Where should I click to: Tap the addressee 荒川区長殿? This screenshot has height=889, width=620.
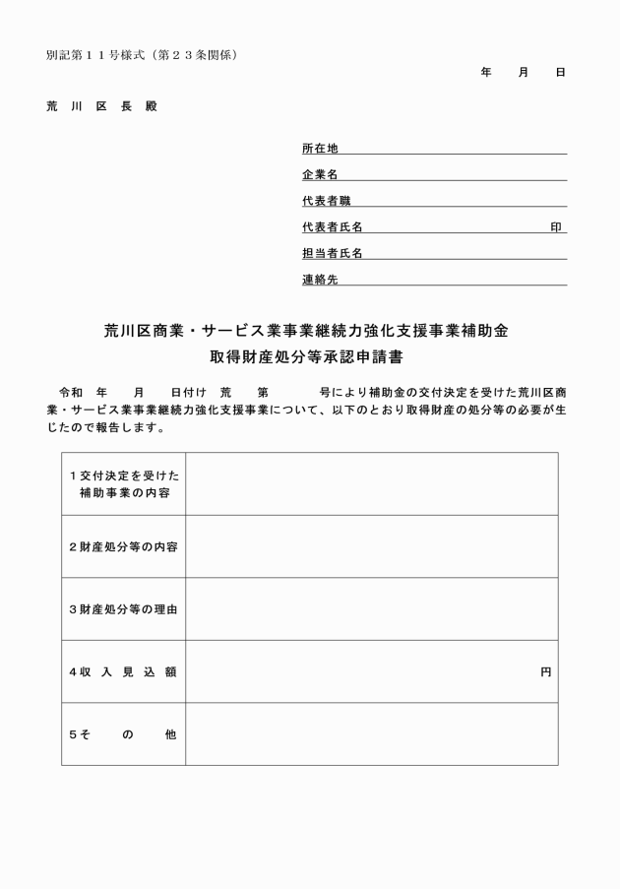(x=101, y=105)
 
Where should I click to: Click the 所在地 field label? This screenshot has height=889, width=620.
(x=320, y=149)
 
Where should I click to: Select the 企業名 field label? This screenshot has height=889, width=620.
(x=320, y=175)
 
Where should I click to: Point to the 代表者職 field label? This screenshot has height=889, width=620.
(x=326, y=201)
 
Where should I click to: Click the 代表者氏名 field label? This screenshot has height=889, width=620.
(x=332, y=227)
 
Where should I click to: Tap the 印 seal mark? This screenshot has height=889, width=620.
(x=556, y=227)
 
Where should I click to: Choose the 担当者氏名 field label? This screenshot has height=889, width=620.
(x=332, y=254)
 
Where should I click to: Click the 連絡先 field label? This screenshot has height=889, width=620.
(x=320, y=280)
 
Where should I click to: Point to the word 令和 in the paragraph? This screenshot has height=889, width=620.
(x=72, y=392)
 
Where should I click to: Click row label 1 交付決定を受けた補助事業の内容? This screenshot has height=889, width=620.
(x=123, y=483)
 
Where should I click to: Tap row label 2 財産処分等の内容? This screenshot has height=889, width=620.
(x=123, y=546)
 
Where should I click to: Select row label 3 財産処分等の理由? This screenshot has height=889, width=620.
(x=123, y=609)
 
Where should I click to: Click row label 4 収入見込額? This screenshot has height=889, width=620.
(x=123, y=671)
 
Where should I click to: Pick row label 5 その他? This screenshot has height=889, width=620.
(x=123, y=734)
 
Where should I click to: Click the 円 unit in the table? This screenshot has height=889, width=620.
(x=545, y=671)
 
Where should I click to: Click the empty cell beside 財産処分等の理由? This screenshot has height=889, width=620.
(x=371, y=609)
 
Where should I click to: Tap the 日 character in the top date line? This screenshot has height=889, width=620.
(x=560, y=73)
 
